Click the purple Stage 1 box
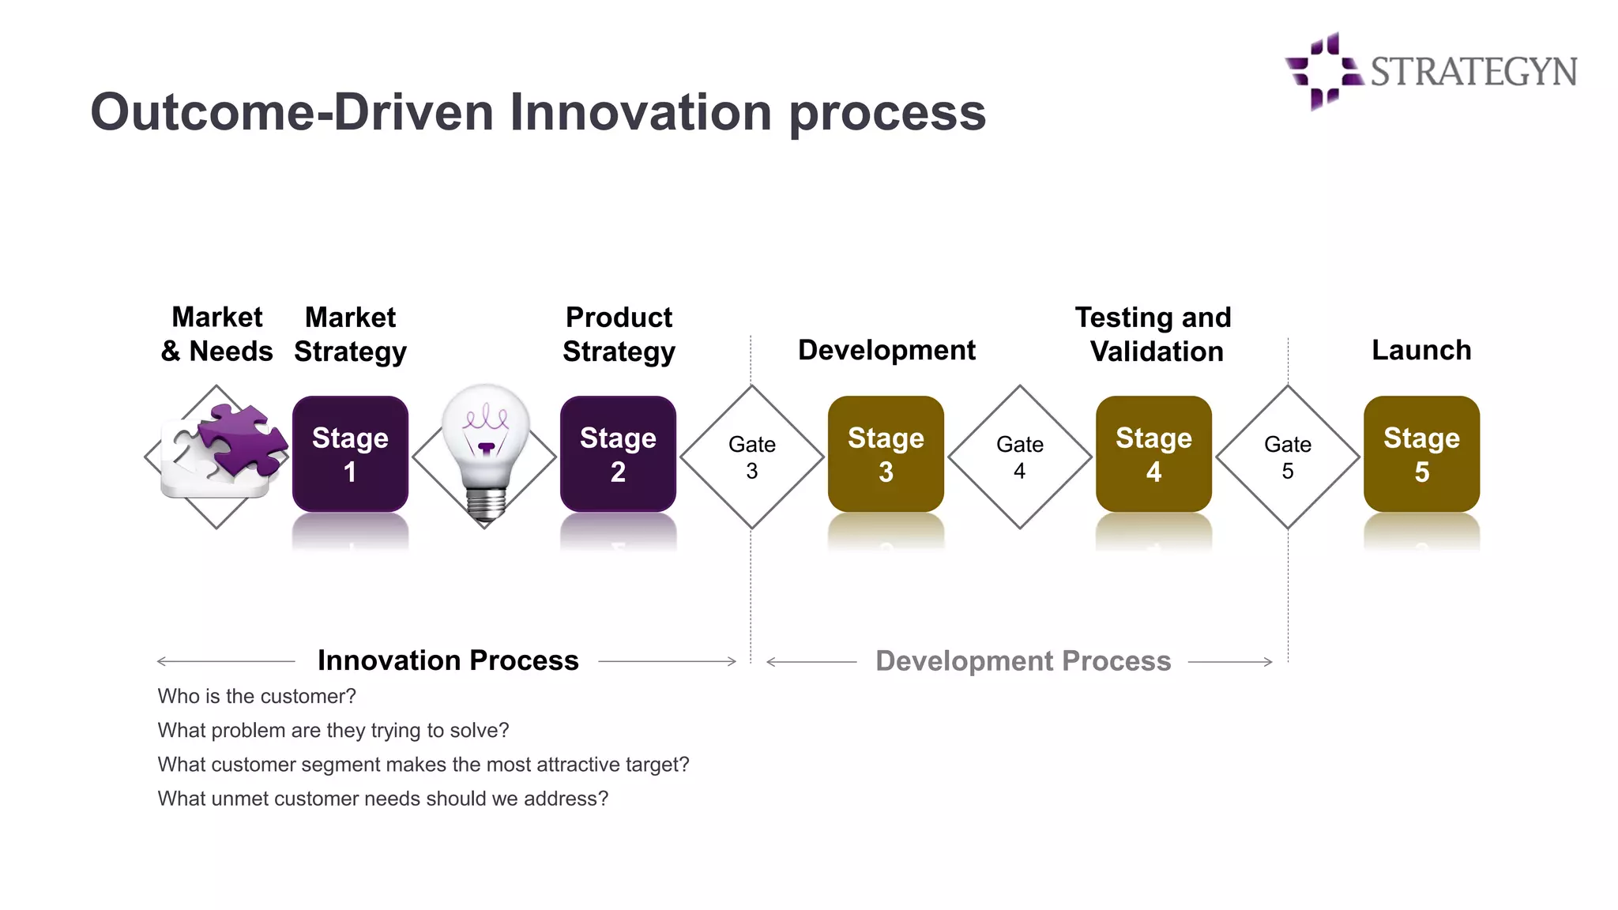350,454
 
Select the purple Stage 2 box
618,454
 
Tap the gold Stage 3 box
886,454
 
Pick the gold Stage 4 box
1153,454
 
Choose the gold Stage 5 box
1421,454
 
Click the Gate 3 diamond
751,457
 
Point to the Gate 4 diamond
1019,457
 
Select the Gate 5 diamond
1288,457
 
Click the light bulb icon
485,450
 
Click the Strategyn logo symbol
1323,71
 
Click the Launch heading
1420,350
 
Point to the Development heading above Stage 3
886,350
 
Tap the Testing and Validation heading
1153,334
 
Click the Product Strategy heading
619,334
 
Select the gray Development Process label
1022,661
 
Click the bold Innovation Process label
448,660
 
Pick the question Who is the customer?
257,696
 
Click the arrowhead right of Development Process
1269,662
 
